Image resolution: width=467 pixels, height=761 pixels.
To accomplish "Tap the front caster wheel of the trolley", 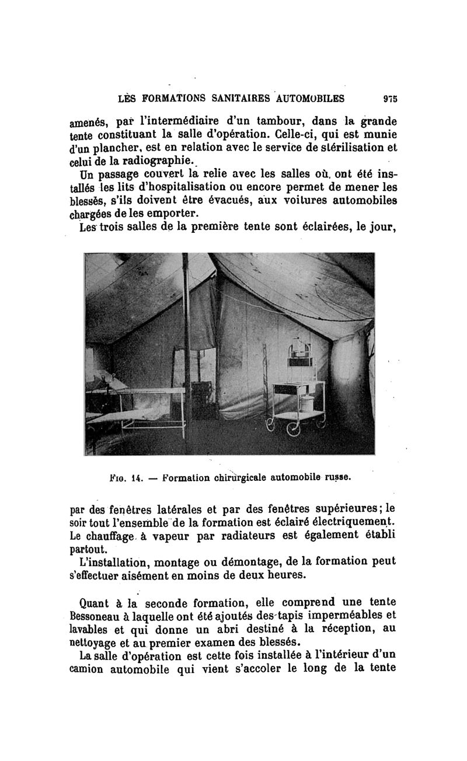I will point(292,430).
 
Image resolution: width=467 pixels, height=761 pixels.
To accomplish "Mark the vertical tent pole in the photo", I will point(185,350).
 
